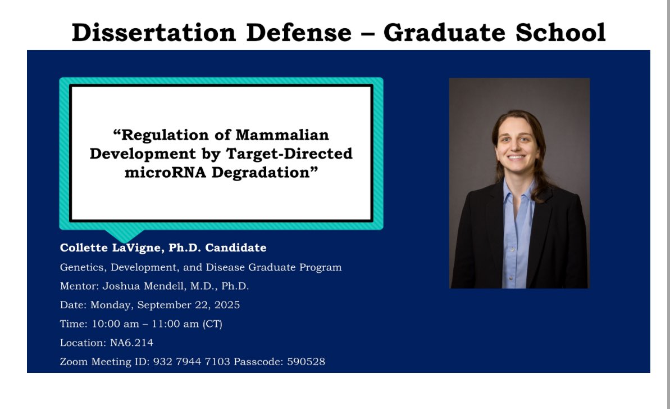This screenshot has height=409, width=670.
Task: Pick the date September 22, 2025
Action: (x=188, y=305)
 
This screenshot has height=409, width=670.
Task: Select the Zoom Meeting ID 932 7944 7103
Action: (x=192, y=362)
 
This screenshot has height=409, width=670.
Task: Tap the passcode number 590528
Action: (x=306, y=362)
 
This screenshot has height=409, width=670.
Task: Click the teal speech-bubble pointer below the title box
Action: (x=124, y=235)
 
